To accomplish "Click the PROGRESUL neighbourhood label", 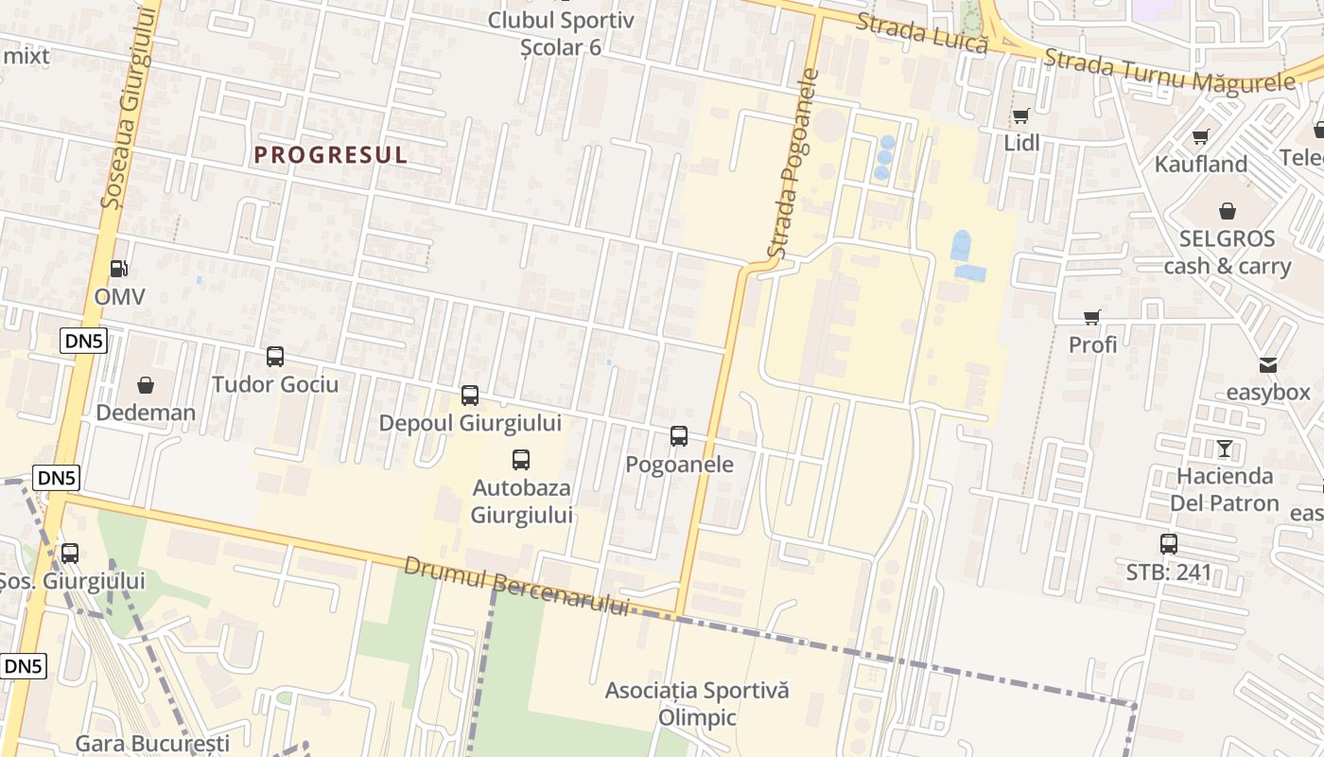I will [x=331, y=155].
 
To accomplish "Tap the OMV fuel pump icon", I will [x=119, y=270].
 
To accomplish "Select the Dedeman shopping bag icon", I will [x=146, y=385].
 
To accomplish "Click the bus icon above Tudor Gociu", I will [x=275, y=357].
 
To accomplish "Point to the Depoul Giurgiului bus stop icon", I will [x=470, y=396].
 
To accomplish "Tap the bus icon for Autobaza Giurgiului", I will [x=521, y=460].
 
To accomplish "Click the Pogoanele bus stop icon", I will [x=679, y=436].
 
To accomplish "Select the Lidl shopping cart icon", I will [x=1020, y=116].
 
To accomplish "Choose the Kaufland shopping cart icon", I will [x=1201, y=137].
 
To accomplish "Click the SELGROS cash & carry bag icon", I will [x=1228, y=210].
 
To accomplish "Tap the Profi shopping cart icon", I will [x=1092, y=317].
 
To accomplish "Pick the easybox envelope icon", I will [x=1268, y=364].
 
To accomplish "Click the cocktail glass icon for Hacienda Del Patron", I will [x=1225, y=449].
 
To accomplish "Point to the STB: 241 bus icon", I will [x=1169, y=544].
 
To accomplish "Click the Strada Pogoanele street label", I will [x=792, y=163].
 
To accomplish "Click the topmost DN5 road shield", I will [x=83, y=342].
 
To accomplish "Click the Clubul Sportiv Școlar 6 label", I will [x=561, y=32].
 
